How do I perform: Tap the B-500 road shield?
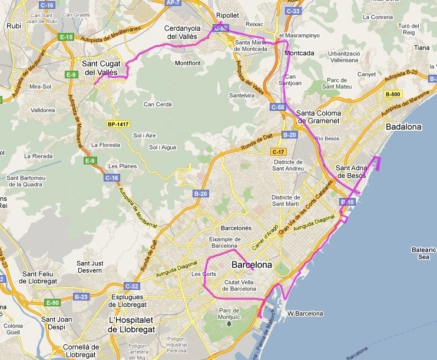[x=392, y=94]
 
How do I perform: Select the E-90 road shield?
[x=53, y=302]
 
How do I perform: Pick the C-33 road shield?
[x=293, y=11]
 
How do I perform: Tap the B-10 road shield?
[x=347, y=202]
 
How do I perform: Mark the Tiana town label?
[x=422, y=48]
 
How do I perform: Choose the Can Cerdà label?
[x=157, y=104]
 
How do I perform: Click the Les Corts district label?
[x=201, y=274]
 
